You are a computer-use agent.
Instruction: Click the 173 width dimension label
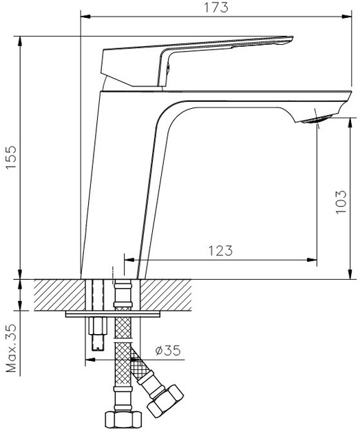(x=216, y=8)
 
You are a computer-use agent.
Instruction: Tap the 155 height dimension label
(x=11, y=157)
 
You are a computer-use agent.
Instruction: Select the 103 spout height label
(x=341, y=202)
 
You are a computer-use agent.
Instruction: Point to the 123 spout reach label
(x=220, y=251)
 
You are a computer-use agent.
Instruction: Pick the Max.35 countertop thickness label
(x=11, y=348)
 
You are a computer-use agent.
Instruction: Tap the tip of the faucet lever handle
(x=293, y=37)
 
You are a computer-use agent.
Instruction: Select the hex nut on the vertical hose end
(x=124, y=420)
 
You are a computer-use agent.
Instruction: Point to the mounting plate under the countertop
(x=113, y=314)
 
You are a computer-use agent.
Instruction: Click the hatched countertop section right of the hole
(x=166, y=295)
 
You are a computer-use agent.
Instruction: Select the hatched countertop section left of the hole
(x=60, y=295)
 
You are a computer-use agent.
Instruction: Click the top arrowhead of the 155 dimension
(x=20, y=41)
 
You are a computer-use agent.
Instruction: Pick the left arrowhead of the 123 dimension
(x=129, y=260)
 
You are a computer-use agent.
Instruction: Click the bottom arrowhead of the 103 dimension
(x=350, y=274)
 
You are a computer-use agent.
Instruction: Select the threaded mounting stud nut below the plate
(x=98, y=326)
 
